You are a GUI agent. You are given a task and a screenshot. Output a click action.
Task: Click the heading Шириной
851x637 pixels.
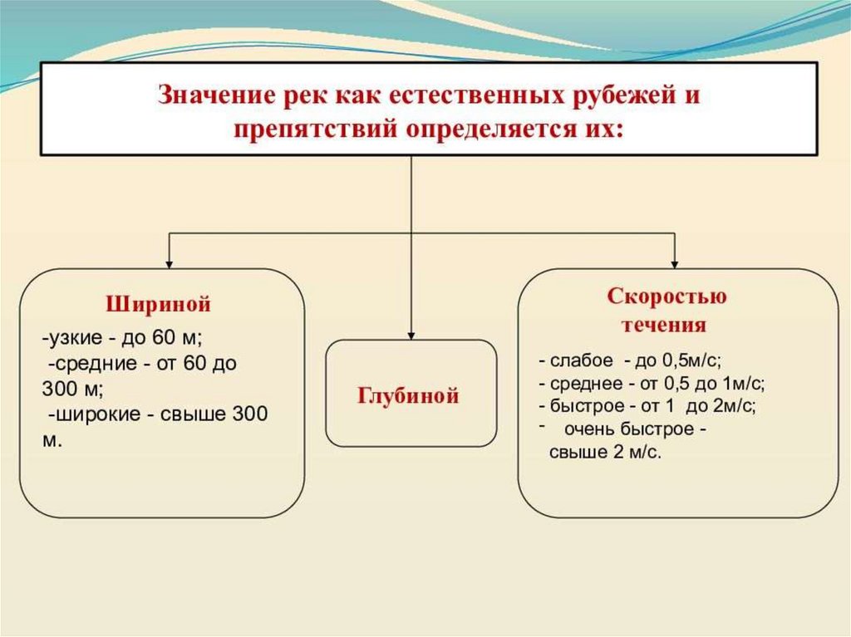click(x=158, y=304)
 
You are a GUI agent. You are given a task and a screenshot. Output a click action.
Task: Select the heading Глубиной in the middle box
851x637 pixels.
click(x=409, y=395)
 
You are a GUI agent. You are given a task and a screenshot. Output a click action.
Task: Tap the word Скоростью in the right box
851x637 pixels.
click(x=667, y=296)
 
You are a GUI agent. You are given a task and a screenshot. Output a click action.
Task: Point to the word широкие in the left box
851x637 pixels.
click(x=92, y=414)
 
